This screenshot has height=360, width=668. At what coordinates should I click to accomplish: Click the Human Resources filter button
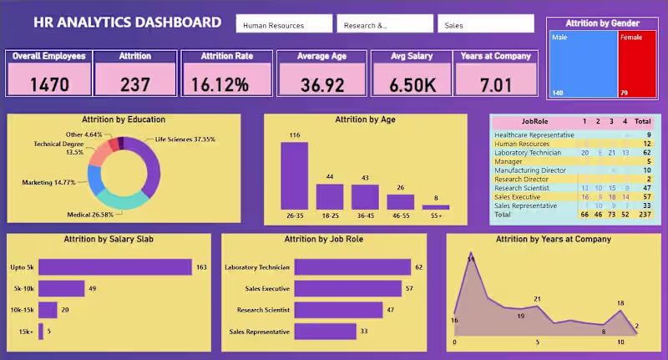point(284,24)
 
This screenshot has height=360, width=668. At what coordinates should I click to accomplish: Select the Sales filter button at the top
point(485,24)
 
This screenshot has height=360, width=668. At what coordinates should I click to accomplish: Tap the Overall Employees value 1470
point(49,84)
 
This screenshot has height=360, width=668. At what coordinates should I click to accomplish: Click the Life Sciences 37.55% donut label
point(185,139)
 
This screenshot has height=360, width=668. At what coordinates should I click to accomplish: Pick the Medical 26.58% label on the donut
point(91,215)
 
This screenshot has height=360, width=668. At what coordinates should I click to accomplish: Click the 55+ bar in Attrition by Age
point(436,206)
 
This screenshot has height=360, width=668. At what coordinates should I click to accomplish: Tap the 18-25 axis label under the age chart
point(330,215)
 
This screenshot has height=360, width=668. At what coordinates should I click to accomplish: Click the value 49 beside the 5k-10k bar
point(94,289)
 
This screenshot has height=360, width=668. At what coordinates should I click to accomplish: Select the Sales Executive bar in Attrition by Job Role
point(350,289)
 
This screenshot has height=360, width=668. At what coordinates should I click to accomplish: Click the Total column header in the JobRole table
point(642,121)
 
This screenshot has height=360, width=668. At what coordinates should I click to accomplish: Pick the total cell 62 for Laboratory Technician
point(646,153)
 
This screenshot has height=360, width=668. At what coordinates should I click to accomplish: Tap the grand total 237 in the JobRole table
point(644,215)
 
